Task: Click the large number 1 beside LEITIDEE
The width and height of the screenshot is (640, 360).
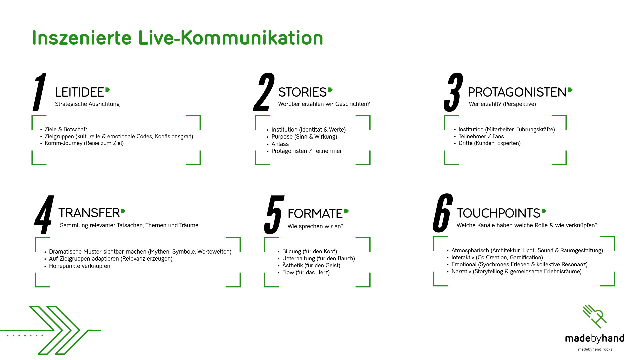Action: tap(40, 93)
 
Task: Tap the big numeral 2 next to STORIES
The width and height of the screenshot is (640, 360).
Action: tap(264, 93)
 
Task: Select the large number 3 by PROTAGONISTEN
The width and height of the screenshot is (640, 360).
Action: tap(453, 93)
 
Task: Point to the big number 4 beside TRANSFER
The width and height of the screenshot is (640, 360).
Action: tap(44, 215)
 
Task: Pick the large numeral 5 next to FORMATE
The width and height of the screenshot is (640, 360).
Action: tap(274, 215)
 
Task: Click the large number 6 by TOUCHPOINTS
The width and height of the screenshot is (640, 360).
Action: tap(443, 213)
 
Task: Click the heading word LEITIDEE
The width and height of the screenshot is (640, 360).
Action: tap(79, 92)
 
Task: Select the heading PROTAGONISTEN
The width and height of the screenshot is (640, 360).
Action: tap(517, 92)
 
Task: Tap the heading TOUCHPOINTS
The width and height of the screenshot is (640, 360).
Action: tap(498, 213)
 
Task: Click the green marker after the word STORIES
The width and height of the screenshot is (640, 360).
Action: tap(330, 90)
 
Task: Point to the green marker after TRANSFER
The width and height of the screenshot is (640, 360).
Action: tap(123, 211)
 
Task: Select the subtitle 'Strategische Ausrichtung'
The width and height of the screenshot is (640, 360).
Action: tap(87, 104)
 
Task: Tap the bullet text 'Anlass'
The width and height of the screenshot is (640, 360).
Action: tap(280, 144)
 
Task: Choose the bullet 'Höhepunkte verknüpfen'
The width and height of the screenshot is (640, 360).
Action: tap(79, 266)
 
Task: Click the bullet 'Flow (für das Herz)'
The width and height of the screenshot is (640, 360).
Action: tap(306, 272)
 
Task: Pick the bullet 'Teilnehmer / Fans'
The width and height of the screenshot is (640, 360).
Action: tap(481, 136)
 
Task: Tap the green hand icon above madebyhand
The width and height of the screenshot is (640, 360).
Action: tap(594, 316)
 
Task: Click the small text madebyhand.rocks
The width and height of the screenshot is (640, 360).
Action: tap(595, 349)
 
